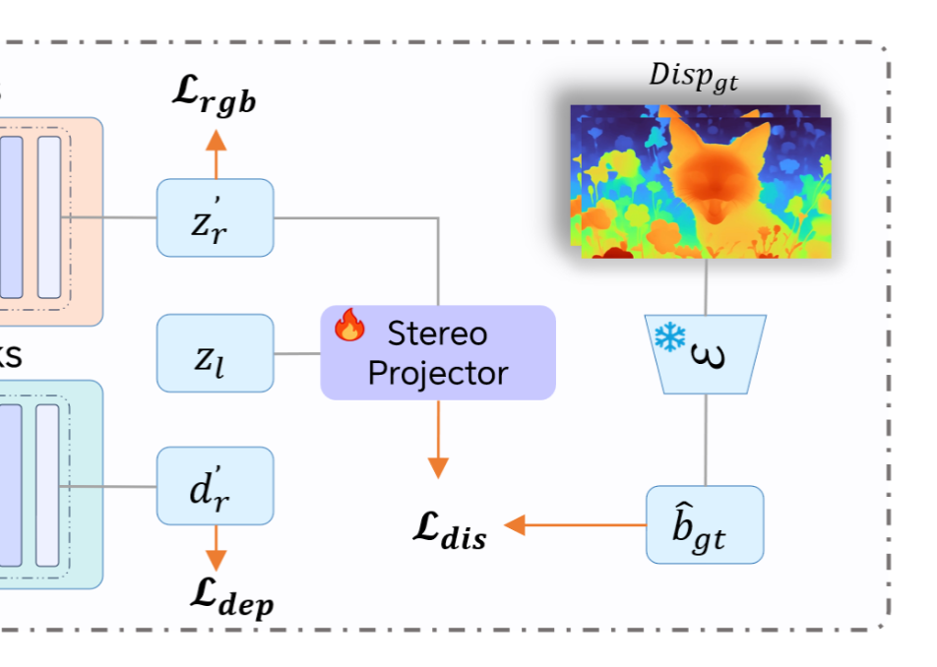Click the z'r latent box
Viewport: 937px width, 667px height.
coord(215,218)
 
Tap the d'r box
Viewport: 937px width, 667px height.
coord(215,486)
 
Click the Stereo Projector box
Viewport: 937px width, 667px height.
coord(438,353)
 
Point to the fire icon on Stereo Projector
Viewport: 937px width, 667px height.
coord(348,325)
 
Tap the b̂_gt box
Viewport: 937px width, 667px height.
coord(705,524)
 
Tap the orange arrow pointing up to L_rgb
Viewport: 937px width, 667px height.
coord(215,151)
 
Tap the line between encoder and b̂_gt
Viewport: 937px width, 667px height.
coord(705,440)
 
